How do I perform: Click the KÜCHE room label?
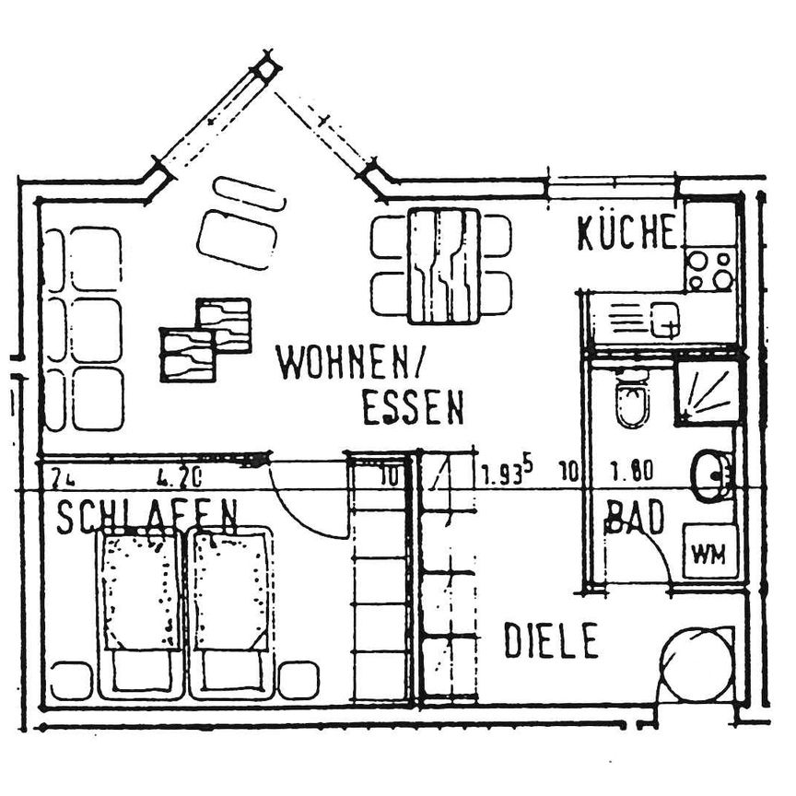[x=626, y=234]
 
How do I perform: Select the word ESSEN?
[x=412, y=408]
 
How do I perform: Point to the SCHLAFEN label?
[x=147, y=518]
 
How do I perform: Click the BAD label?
[x=635, y=519]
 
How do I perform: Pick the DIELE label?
[x=551, y=641]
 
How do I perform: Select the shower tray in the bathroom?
[x=708, y=392]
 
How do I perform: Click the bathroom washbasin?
[x=711, y=474]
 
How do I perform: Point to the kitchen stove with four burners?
[x=710, y=269]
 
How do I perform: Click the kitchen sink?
[x=663, y=321]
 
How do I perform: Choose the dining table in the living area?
[x=444, y=265]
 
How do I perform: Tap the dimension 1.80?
[x=632, y=473]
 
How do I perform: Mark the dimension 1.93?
[x=505, y=474]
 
